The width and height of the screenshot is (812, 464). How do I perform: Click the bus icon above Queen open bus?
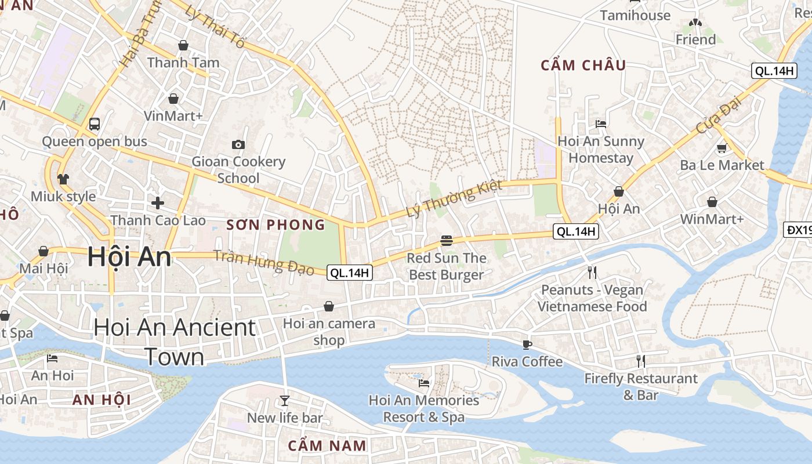[x=95, y=124]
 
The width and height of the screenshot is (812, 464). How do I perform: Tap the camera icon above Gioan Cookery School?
[x=238, y=144]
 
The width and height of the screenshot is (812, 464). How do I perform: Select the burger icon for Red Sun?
[x=446, y=240]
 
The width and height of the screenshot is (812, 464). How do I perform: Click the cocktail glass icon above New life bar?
[x=284, y=400]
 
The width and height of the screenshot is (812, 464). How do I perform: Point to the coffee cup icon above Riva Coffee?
[x=527, y=345]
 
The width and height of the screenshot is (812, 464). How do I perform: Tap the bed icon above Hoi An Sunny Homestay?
[x=601, y=124]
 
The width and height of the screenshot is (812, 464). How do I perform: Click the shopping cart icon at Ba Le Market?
[x=722, y=148]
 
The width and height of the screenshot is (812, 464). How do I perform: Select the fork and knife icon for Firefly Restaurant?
[x=641, y=361]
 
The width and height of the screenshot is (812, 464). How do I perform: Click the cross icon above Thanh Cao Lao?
[x=157, y=203]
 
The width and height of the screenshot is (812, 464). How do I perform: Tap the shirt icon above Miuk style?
[x=63, y=179]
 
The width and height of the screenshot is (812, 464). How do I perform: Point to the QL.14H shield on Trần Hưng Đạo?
[x=349, y=273]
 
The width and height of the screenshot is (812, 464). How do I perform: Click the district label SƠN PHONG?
[x=275, y=225]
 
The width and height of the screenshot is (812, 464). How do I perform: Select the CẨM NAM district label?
[x=327, y=445]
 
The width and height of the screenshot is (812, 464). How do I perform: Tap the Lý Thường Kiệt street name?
[x=454, y=199]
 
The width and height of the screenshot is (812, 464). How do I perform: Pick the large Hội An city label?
[x=129, y=257]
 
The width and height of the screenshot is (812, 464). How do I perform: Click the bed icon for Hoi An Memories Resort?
[x=424, y=383]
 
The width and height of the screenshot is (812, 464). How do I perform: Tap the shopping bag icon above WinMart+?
[x=712, y=202]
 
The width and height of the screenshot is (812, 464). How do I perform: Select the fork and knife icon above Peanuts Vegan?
[x=592, y=272]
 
